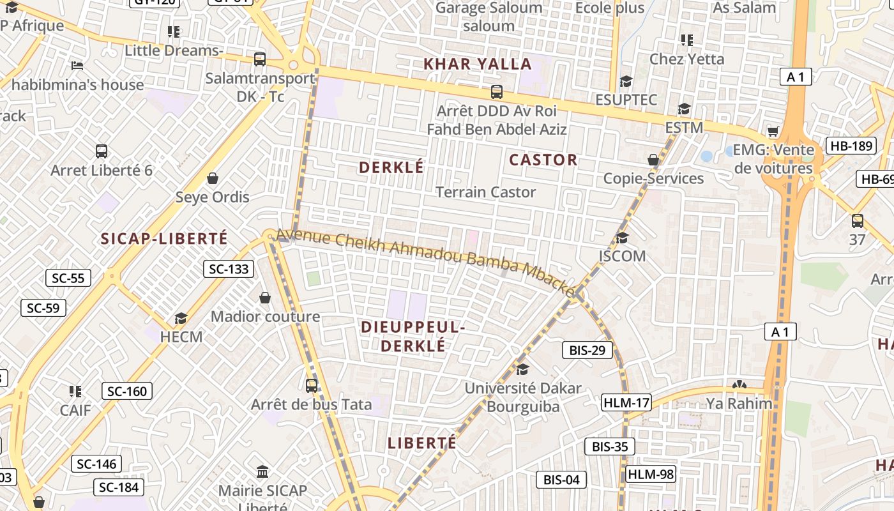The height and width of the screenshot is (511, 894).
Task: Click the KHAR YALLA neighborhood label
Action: click(478, 64)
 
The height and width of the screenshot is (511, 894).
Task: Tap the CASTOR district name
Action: click(543, 160)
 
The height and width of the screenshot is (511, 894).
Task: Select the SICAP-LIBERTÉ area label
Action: click(164, 239)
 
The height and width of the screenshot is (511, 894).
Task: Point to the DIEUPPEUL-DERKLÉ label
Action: click(411, 336)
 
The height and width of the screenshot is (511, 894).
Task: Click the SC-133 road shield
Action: click(229, 269)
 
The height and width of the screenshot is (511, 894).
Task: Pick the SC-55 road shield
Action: click(68, 278)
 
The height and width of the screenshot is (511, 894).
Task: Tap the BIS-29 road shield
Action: click(587, 350)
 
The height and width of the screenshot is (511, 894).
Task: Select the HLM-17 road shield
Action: click(626, 403)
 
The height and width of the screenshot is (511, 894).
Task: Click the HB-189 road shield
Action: click(851, 146)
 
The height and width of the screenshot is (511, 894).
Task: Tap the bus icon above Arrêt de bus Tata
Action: click(312, 385)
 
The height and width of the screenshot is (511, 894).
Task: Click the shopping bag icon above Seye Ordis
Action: click(213, 178)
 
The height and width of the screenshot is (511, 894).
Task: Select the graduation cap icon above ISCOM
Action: click(622, 238)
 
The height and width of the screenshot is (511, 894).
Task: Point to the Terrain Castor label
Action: click(485, 192)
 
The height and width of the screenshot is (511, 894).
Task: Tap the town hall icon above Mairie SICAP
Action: click(262, 472)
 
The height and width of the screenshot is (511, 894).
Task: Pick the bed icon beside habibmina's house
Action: click(77, 66)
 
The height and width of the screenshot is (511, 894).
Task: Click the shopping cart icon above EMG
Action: click(773, 131)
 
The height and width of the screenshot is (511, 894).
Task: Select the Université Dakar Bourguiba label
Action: click(523, 397)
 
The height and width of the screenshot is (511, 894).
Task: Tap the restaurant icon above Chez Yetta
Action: click(687, 40)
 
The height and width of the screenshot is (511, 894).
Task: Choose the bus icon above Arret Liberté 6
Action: click(102, 151)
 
